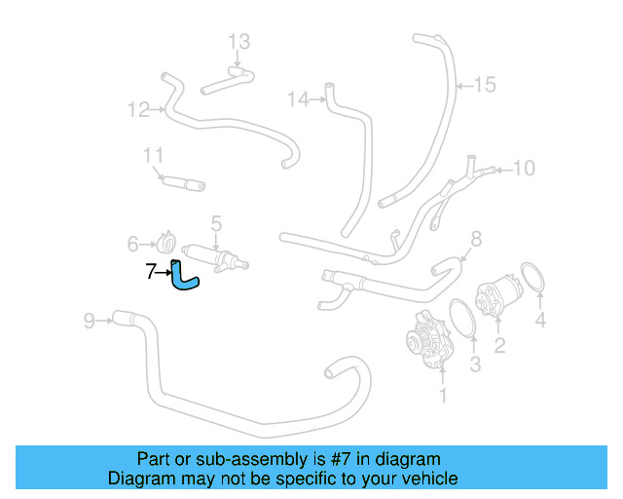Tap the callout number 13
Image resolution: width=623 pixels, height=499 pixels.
[239, 42]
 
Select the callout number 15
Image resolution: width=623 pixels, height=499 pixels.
[485, 85]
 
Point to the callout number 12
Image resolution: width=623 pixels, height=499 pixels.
[137, 109]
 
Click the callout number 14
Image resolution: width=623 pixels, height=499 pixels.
[298, 98]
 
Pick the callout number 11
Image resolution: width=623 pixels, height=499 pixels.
[153, 156]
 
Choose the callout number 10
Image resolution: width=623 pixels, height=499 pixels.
[524, 169]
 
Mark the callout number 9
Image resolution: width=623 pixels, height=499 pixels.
[89, 320]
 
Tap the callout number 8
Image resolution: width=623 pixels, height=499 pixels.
[476, 239]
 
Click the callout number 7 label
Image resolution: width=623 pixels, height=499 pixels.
[151, 273]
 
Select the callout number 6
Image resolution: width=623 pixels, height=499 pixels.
[133, 244]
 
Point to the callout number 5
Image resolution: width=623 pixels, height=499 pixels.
[216, 224]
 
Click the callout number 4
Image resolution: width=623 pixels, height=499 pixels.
[540, 320]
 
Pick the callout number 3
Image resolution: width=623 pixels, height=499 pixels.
[475, 365]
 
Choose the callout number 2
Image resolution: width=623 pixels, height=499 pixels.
[499, 344]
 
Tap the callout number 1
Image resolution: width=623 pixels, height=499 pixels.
[444, 396]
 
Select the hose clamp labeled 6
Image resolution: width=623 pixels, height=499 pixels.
[166, 241]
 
